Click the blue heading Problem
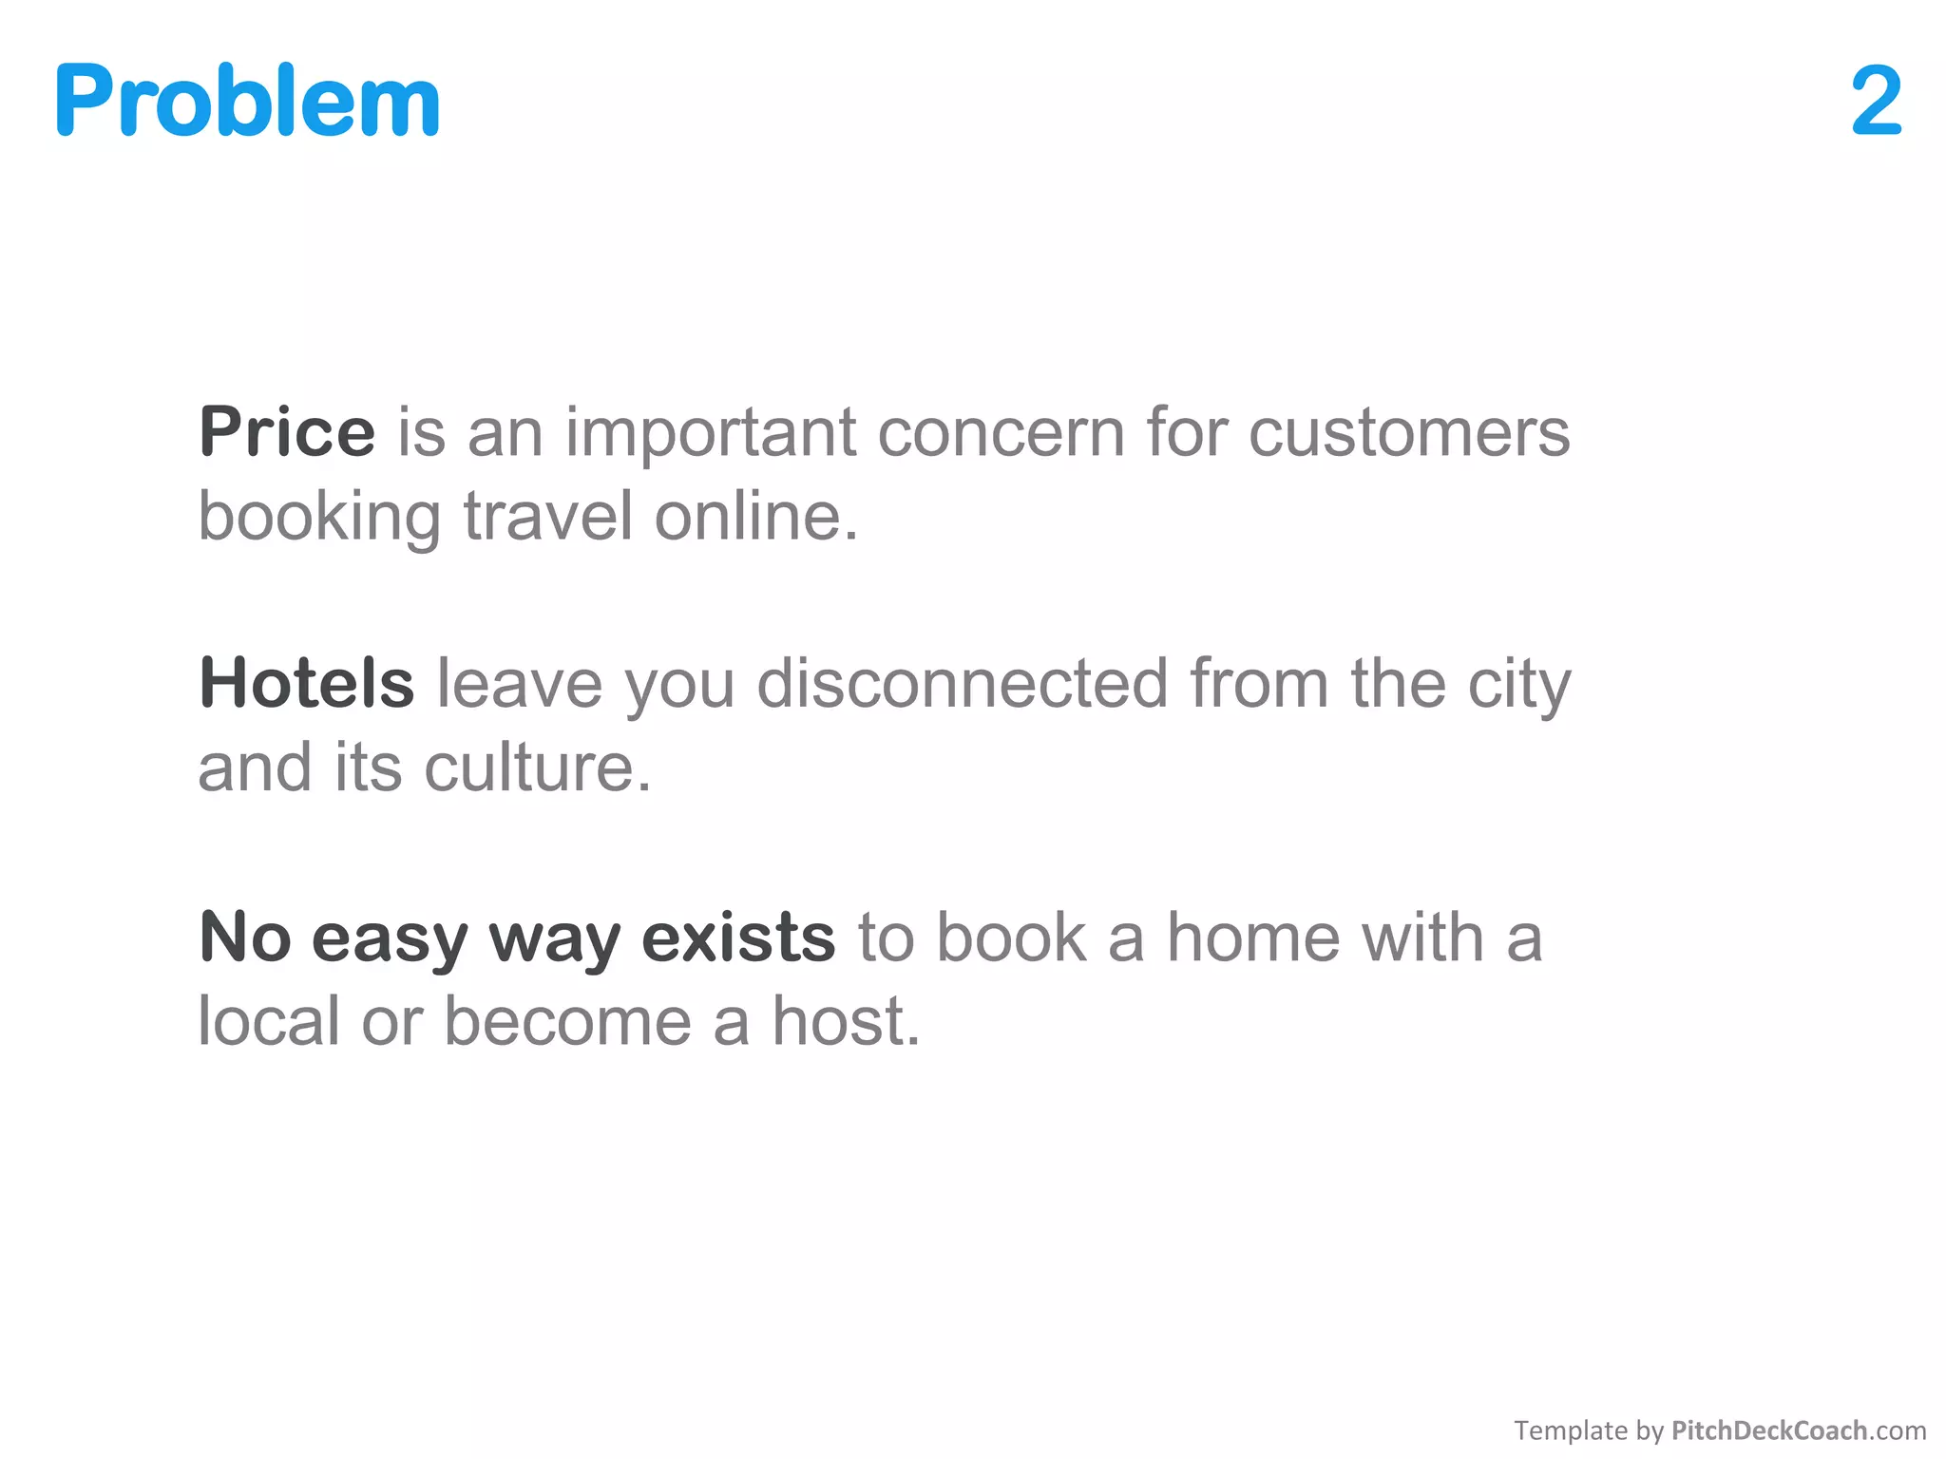[x=247, y=101]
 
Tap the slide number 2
[x=1876, y=101]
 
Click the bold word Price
[x=287, y=432]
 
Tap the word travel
[x=548, y=518]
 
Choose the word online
[x=756, y=518]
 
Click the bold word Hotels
[x=306, y=684]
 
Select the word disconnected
[x=962, y=684]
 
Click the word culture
[x=538, y=768]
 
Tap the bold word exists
[x=738, y=938]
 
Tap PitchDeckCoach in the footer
[x=1769, y=1431]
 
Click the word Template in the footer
[x=1571, y=1431]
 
